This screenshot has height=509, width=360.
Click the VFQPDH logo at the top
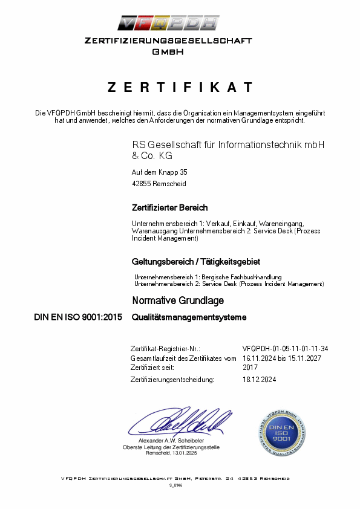tap(168, 24)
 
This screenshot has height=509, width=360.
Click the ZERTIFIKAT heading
tap(180, 87)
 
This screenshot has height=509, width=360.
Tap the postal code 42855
tap(142, 184)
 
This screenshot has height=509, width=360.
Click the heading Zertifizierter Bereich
tap(170, 208)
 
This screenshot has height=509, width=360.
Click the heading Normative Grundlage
tap(178, 300)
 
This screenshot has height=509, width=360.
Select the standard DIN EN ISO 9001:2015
tap(79, 317)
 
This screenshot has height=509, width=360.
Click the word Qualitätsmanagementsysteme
tap(189, 317)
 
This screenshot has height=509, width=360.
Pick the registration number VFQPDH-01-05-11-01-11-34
tap(285, 349)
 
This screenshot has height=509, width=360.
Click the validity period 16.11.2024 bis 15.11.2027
tap(281, 358)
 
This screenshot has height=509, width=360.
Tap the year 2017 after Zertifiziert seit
tap(250, 367)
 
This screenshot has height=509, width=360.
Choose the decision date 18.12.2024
tap(259, 380)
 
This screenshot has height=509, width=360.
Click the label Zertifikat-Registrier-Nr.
tap(165, 349)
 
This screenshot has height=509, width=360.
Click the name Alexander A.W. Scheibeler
tap(171, 441)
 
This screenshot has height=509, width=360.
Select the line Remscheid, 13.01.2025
tap(171, 453)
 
